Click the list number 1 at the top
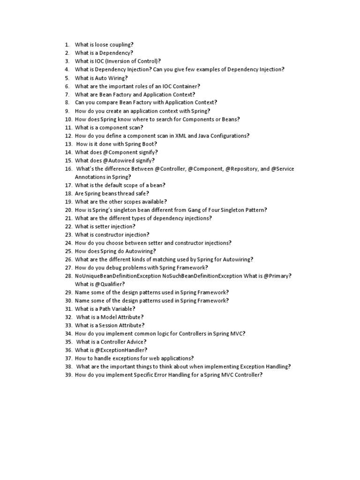[67, 45]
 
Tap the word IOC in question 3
[97, 61]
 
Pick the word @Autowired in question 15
[111, 160]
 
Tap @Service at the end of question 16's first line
[283, 169]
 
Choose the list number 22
[68, 226]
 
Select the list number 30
[68, 300]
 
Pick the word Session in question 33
[111, 325]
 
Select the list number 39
[68, 375]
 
